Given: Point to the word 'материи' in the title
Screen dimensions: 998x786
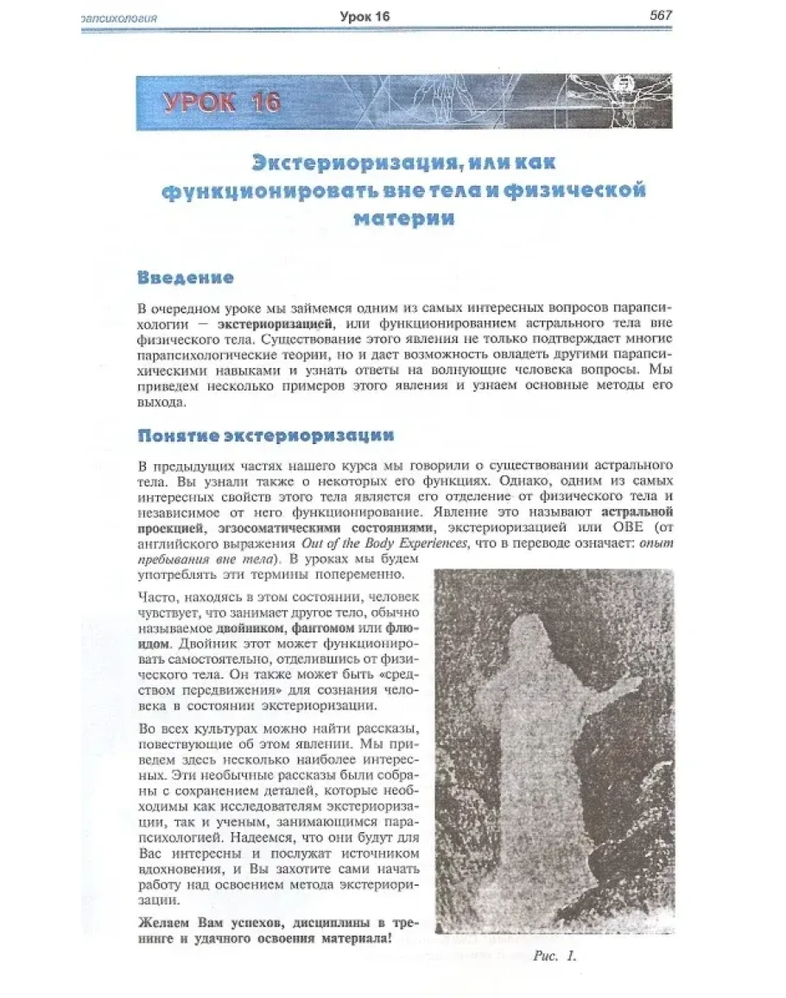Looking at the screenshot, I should pos(403,218).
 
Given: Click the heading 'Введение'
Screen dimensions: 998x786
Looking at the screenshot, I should pos(185,278).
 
